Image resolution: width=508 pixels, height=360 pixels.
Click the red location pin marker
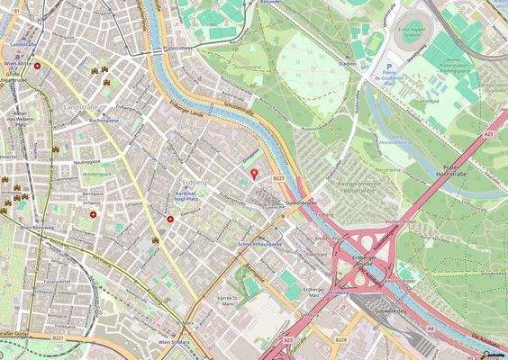pos(253,173)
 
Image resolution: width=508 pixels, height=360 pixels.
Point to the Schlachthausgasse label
pos(260,244)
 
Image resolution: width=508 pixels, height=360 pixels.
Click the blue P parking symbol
pos(388,67)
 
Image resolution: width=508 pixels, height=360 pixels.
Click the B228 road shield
pos(340,339)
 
